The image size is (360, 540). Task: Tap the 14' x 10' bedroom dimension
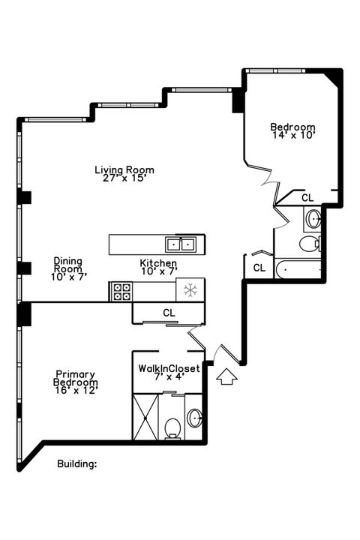(292, 136)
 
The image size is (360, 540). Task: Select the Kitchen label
(158, 264)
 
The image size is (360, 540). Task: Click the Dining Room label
(67, 265)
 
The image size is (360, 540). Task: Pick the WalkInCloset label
(169, 368)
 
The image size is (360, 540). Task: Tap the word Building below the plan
(77, 463)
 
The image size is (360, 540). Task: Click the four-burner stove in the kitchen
(121, 291)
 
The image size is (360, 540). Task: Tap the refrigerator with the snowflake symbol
(190, 289)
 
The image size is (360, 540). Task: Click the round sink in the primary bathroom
(195, 418)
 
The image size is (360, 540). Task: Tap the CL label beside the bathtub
(259, 267)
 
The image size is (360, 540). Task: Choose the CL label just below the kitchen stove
(169, 312)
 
